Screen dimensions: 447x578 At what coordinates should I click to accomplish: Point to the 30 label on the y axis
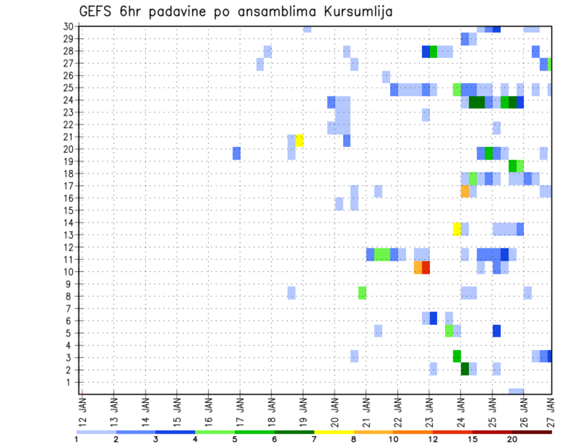(x=68, y=27)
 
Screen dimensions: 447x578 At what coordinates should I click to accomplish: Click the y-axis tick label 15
(x=68, y=210)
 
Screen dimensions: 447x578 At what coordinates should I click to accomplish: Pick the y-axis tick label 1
(x=70, y=382)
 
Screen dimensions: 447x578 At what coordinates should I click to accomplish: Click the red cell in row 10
(x=426, y=267)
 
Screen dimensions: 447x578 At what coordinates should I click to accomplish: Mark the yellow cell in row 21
(x=299, y=140)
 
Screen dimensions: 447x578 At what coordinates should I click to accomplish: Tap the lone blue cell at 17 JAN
(x=237, y=153)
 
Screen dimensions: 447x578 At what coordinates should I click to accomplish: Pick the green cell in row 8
(x=362, y=293)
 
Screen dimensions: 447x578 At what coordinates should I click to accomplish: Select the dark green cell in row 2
(x=464, y=369)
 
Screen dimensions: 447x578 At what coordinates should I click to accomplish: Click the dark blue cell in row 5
(x=496, y=331)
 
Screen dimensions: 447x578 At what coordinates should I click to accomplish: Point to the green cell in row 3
(x=456, y=356)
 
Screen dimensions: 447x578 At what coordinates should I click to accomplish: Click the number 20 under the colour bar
(x=512, y=439)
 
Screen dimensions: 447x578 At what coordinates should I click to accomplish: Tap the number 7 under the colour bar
(x=314, y=439)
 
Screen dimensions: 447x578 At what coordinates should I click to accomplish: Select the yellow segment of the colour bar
(x=334, y=432)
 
